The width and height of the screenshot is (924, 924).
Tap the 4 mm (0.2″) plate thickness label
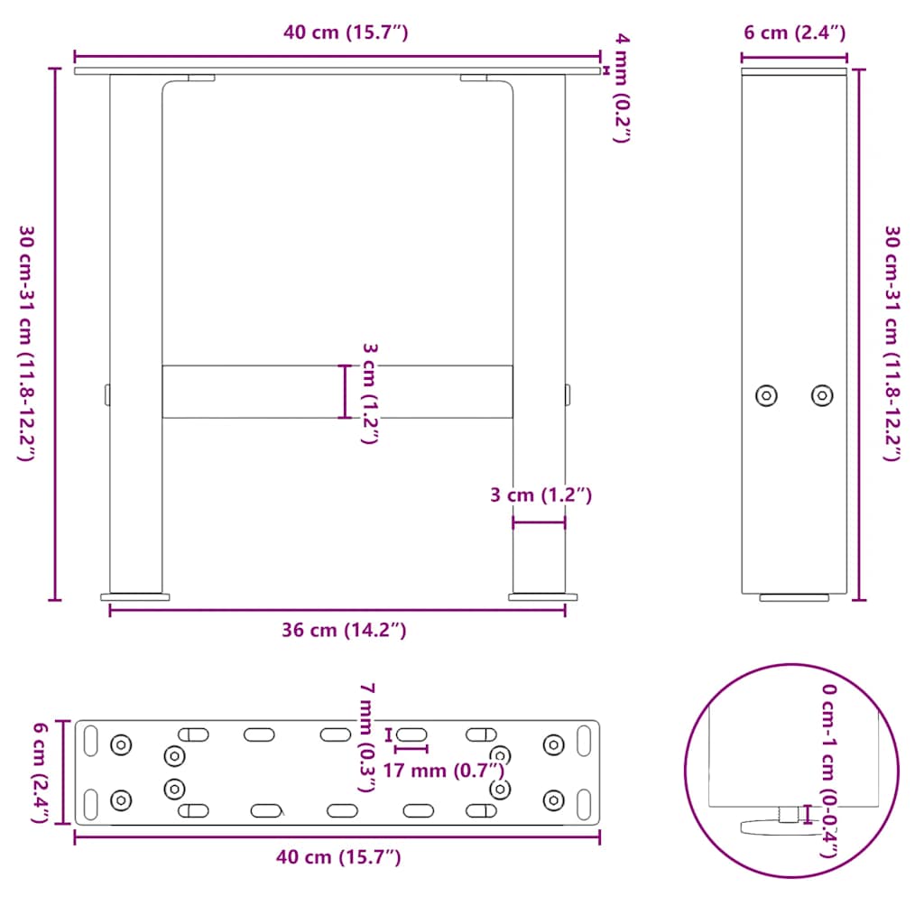622,88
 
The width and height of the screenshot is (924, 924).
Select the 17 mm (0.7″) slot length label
442,770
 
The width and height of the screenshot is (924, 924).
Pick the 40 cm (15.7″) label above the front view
346,33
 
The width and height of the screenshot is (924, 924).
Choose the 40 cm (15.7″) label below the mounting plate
337,857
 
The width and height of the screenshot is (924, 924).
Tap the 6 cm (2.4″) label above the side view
794,33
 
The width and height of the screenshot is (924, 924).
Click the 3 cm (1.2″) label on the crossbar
369,393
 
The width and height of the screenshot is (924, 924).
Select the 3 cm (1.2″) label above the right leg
540,494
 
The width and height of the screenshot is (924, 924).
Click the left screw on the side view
766,395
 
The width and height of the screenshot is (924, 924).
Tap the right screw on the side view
821,395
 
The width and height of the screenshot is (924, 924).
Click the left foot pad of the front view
135,596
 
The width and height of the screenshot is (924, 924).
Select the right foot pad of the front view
543,596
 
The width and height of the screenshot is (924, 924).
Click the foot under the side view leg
793,597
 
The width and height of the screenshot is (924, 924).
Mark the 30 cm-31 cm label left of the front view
26,343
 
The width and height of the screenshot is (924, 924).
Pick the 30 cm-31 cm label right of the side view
892,343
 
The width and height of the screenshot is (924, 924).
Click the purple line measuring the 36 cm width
271,611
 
